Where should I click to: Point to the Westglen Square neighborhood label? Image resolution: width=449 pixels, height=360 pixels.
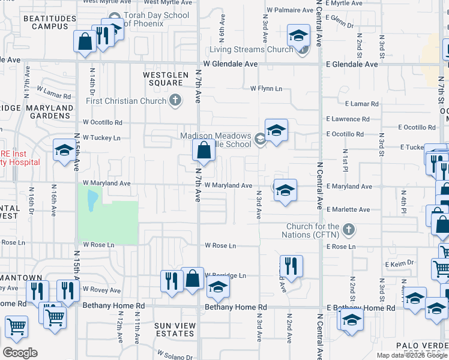(x=163, y=79)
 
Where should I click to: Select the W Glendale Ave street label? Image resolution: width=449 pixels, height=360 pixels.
(x=230, y=64)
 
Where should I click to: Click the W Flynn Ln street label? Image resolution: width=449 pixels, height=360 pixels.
(x=266, y=89)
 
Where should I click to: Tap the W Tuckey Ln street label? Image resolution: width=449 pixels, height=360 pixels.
(x=101, y=137)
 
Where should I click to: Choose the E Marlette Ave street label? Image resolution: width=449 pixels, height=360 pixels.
(x=349, y=209)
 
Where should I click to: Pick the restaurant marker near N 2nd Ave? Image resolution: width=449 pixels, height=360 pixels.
(x=291, y=266)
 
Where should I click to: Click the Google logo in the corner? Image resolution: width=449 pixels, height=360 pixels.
(x=20, y=353)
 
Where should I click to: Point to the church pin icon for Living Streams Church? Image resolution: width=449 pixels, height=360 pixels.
(x=303, y=49)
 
